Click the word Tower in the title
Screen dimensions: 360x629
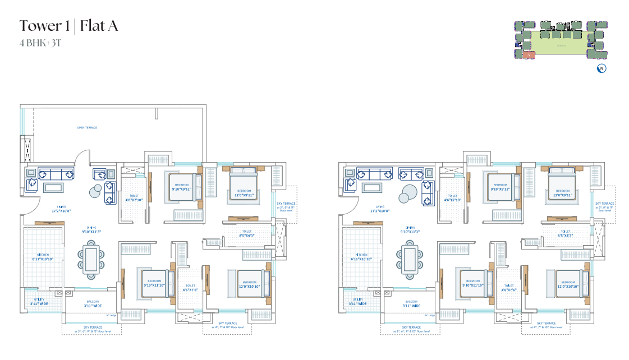tap(41, 26)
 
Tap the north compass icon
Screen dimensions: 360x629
tap(602, 69)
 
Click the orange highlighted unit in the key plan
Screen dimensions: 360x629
tap(529, 55)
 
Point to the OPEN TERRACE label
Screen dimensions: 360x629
tap(87, 128)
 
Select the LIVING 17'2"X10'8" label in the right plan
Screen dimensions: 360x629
tap(380, 209)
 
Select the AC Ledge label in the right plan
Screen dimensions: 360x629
tap(430, 315)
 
